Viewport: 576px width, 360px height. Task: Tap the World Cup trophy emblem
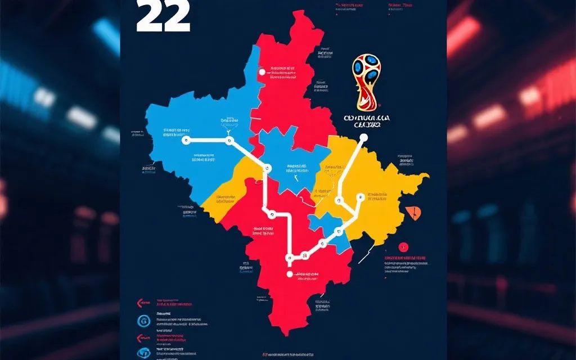point(366,82)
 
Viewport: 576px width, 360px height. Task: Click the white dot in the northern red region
point(261,72)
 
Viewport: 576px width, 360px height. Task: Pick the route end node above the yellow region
point(363,137)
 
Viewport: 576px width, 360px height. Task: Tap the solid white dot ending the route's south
point(290,274)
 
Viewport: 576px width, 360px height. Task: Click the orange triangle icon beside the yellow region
point(415,213)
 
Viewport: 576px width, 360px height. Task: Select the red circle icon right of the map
point(403,246)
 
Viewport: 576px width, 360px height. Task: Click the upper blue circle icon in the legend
point(142,321)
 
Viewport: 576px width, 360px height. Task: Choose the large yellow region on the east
point(377,186)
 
